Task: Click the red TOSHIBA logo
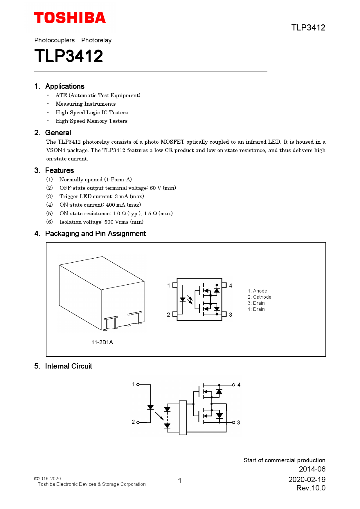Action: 70,18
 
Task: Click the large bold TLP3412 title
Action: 69,56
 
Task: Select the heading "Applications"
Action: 64,86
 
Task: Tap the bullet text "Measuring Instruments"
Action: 85,104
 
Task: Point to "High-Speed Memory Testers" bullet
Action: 91,121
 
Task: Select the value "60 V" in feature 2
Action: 155,188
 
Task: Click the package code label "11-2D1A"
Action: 102,342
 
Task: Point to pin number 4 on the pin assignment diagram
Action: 231,286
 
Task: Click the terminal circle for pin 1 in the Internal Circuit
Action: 138,385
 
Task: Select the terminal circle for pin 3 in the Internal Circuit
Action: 233,423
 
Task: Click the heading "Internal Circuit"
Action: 69,366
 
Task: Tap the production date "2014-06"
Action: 312,469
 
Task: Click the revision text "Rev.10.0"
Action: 311,488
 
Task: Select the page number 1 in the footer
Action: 180,481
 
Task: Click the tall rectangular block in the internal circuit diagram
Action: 183,418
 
